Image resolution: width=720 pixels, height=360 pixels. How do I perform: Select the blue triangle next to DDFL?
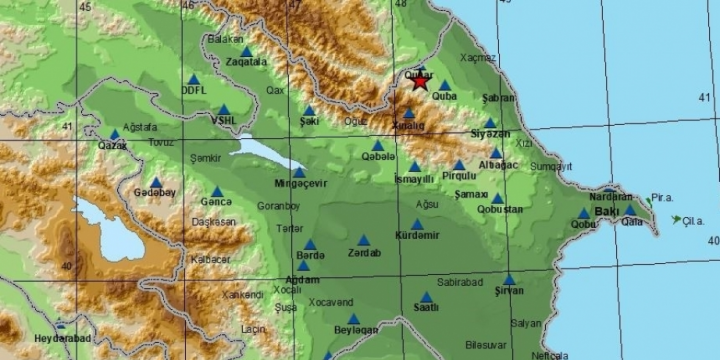click(x=193, y=79)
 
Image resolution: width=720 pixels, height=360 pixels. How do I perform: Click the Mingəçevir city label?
click(x=301, y=185)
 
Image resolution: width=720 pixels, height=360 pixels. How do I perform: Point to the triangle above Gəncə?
click(x=217, y=178)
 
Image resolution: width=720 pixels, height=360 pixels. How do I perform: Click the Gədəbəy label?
click(x=154, y=193)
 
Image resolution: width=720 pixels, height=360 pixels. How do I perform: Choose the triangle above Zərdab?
click(x=363, y=240)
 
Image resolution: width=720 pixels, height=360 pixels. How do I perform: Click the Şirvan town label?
click(x=509, y=292)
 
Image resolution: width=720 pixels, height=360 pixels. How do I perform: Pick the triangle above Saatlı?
click(x=427, y=296)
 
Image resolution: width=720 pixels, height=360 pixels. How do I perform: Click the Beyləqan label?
click(x=356, y=331)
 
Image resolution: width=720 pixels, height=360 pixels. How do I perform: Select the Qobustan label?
click(x=500, y=209)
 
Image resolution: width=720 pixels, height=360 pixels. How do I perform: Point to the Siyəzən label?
click(x=490, y=134)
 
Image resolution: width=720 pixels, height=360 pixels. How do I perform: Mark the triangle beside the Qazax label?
click(x=115, y=133)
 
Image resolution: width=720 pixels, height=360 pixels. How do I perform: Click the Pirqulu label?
click(x=459, y=176)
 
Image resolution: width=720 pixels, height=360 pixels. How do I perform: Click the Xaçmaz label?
click(x=478, y=58)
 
